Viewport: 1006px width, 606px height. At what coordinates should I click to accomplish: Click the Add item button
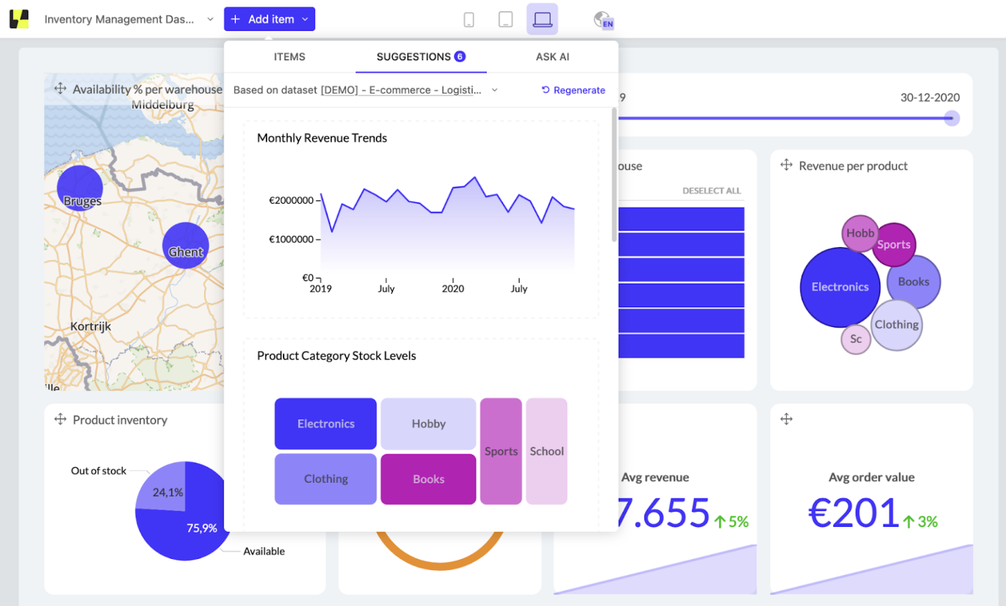tap(269, 19)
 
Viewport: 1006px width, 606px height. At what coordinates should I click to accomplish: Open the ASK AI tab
tap(552, 57)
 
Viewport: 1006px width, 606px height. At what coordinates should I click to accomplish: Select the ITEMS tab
tap(289, 57)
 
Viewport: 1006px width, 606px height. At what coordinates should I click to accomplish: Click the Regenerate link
tap(573, 90)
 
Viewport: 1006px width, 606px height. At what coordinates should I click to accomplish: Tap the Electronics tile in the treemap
tap(326, 424)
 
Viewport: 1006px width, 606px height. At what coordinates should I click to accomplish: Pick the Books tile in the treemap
tap(428, 479)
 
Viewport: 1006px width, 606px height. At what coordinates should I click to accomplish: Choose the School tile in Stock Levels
tap(546, 451)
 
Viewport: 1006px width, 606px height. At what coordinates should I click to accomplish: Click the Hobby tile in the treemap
tap(428, 424)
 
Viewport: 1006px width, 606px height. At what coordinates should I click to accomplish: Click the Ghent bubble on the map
tap(185, 246)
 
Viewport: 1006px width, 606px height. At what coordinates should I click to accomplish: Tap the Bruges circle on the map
tap(80, 188)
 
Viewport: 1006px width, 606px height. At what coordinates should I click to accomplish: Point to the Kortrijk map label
tap(91, 326)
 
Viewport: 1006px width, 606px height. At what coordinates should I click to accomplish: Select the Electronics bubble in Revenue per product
tap(840, 287)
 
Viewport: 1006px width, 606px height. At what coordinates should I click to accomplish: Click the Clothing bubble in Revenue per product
tap(897, 325)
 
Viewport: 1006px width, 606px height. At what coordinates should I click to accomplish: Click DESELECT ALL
tap(711, 191)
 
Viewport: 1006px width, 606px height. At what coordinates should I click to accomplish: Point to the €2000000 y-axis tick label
tap(291, 200)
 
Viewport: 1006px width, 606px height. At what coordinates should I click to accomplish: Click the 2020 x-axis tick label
tap(453, 289)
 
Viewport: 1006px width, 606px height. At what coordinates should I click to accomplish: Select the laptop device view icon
tap(542, 19)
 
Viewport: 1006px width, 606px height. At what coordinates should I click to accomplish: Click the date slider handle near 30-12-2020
tap(952, 119)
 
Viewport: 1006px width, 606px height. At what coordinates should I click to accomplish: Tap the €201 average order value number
tap(853, 513)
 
